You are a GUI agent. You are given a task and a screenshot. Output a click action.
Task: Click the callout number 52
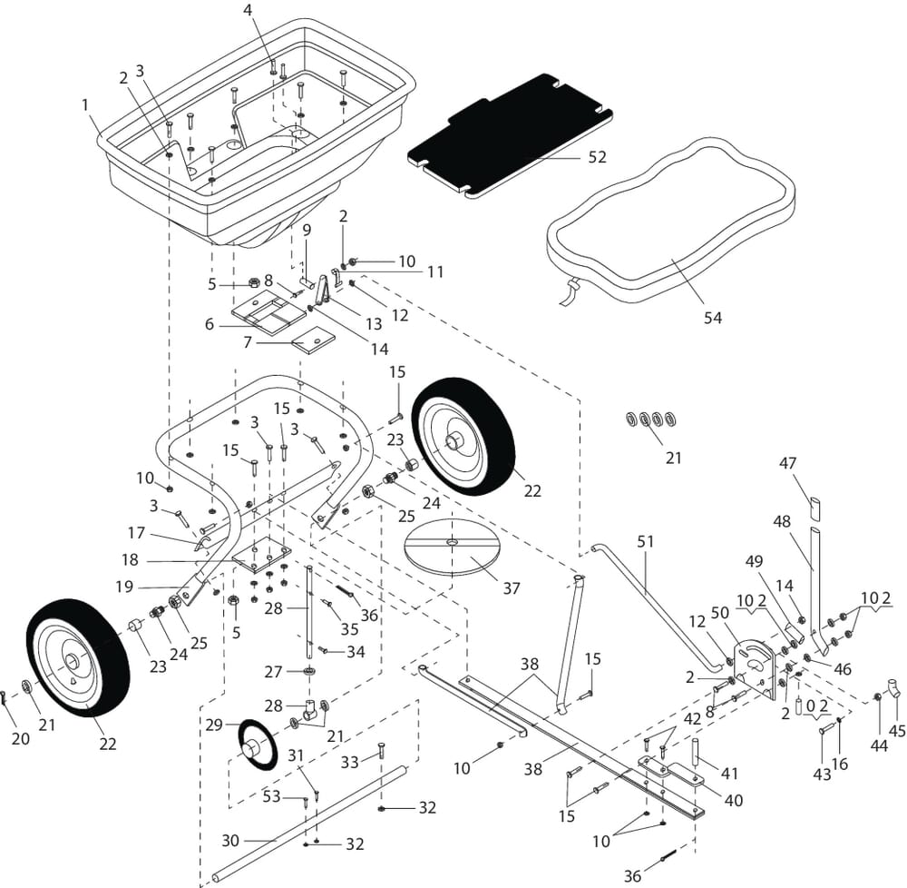pos(597,157)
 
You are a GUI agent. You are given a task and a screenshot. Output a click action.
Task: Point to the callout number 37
pos(512,588)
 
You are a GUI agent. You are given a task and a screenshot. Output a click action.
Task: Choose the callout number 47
pos(788,463)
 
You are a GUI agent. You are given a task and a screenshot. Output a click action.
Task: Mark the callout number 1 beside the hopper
pos(85,104)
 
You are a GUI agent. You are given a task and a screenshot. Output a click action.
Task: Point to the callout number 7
pos(248,344)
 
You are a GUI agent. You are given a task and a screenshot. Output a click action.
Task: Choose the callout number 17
pos(136,533)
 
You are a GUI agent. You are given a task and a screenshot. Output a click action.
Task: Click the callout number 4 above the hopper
pos(248,10)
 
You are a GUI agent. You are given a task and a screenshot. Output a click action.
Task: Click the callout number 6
pos(210,324)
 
